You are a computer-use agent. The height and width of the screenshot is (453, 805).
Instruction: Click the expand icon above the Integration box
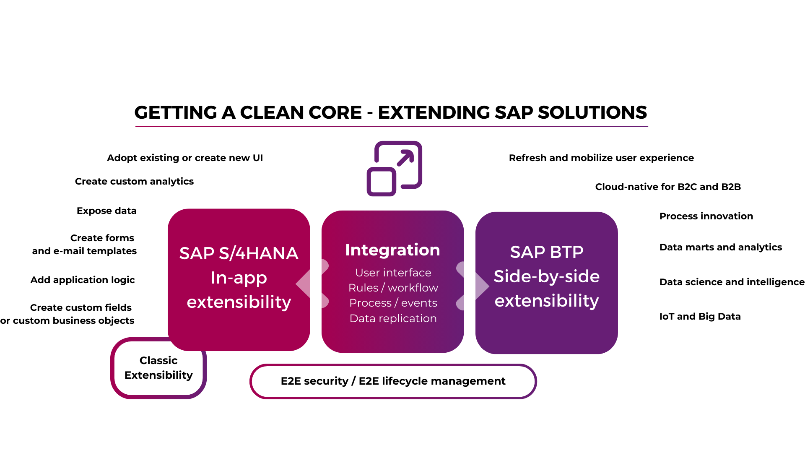[x=394, y=169]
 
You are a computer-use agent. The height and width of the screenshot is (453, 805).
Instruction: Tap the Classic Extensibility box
[x=158, y=368]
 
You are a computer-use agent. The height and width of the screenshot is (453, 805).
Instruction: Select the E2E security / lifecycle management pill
[x=393, y=381]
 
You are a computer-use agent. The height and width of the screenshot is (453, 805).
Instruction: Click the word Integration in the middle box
[x=392, y=250]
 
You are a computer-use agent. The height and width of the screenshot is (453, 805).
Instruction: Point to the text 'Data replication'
[x=393, y=319]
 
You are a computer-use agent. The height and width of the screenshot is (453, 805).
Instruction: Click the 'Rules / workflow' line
[x=393, y=288]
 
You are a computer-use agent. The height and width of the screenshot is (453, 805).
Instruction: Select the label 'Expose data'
[x=106, y=211]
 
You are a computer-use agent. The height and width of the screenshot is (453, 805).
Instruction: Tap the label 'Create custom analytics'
[x=134, y=182]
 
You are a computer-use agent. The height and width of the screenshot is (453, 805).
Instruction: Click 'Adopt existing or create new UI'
[x=184, y=158]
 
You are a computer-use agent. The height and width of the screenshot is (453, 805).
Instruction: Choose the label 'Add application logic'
[x=83, y=280]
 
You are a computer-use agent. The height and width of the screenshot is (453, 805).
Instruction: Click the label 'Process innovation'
[x=706, y=216]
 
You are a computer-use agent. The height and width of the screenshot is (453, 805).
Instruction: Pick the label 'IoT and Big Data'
[x=700, y=317]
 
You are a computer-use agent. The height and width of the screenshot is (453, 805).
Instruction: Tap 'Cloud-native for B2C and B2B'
[x=668, y=187]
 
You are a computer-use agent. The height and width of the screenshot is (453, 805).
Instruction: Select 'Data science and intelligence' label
[x=732, y=282]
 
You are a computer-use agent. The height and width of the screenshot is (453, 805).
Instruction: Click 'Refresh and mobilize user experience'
[x=601, y=158]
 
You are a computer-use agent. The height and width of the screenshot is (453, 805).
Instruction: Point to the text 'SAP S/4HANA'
[x=239, y=253]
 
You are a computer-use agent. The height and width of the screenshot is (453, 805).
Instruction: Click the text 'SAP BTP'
[x=546, y=252]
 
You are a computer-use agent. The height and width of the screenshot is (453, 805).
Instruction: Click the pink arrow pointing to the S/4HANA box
[x=304, y=284]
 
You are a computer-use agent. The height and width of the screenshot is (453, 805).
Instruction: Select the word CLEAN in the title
[x=301, y=112]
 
